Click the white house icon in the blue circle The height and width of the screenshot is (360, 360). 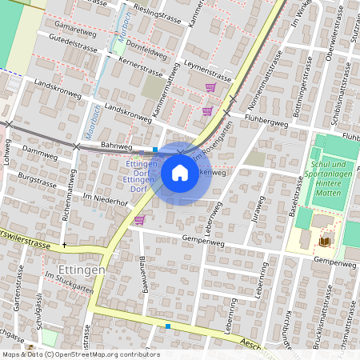click(180, 172)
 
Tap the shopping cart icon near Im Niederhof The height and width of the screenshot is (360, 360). click(139, 220)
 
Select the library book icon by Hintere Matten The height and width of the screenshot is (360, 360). click(324, 241)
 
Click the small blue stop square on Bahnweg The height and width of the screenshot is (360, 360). click(155, 149)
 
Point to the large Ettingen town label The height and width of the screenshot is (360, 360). click(82, 270)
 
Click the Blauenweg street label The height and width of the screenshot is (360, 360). click(145, 275)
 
